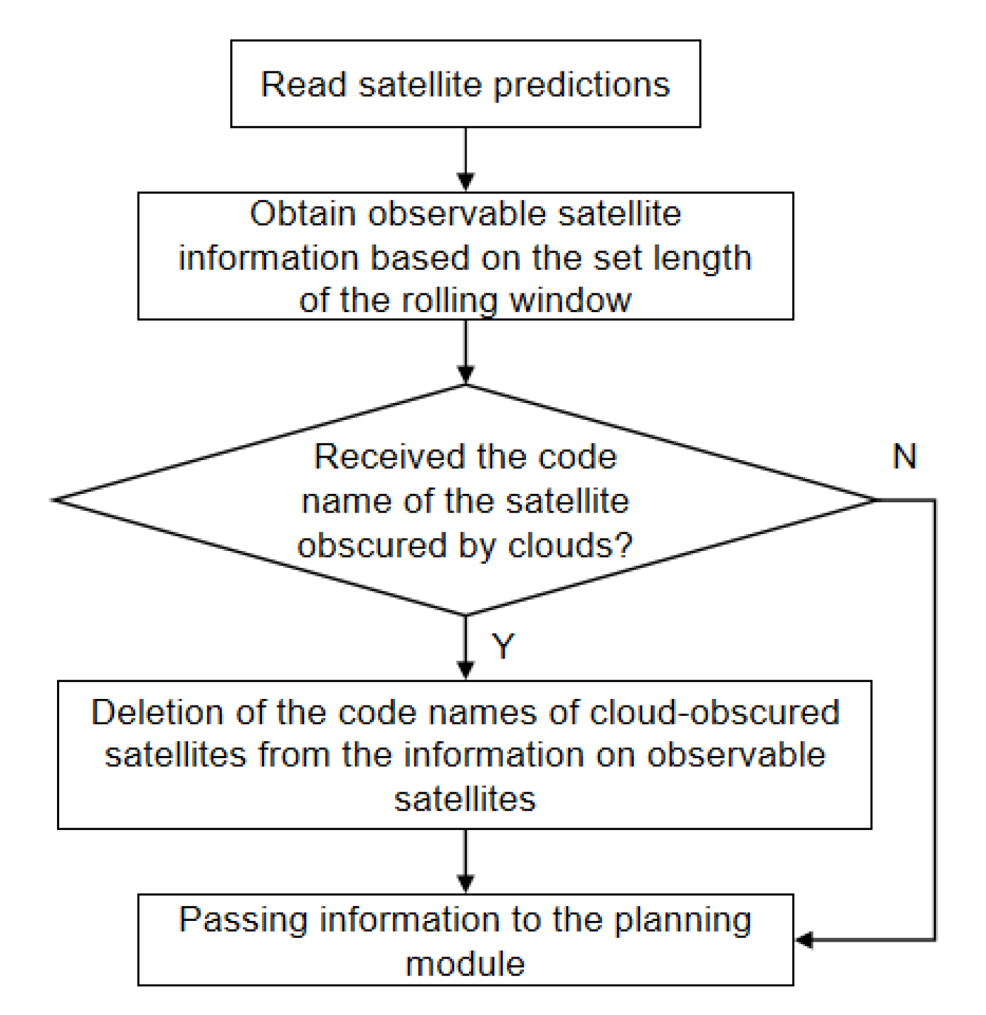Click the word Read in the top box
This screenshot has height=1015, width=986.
(x=303, y=84)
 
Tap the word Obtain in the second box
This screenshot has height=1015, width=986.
(x=302, y=214)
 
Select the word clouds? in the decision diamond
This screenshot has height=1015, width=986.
(x=570, y=545)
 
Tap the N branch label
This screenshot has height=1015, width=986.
(x=904, y=456)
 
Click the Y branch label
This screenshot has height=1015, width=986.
(x=503, y=646)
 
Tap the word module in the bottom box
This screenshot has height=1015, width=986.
(x=465, y=964)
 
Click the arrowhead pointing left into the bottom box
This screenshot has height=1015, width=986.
(x=804, y=939)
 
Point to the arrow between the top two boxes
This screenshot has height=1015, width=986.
(x=466, y=160)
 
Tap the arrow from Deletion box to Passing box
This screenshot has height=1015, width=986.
(x=466, y=862)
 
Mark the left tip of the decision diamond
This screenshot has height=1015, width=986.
(x=54, y=500)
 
